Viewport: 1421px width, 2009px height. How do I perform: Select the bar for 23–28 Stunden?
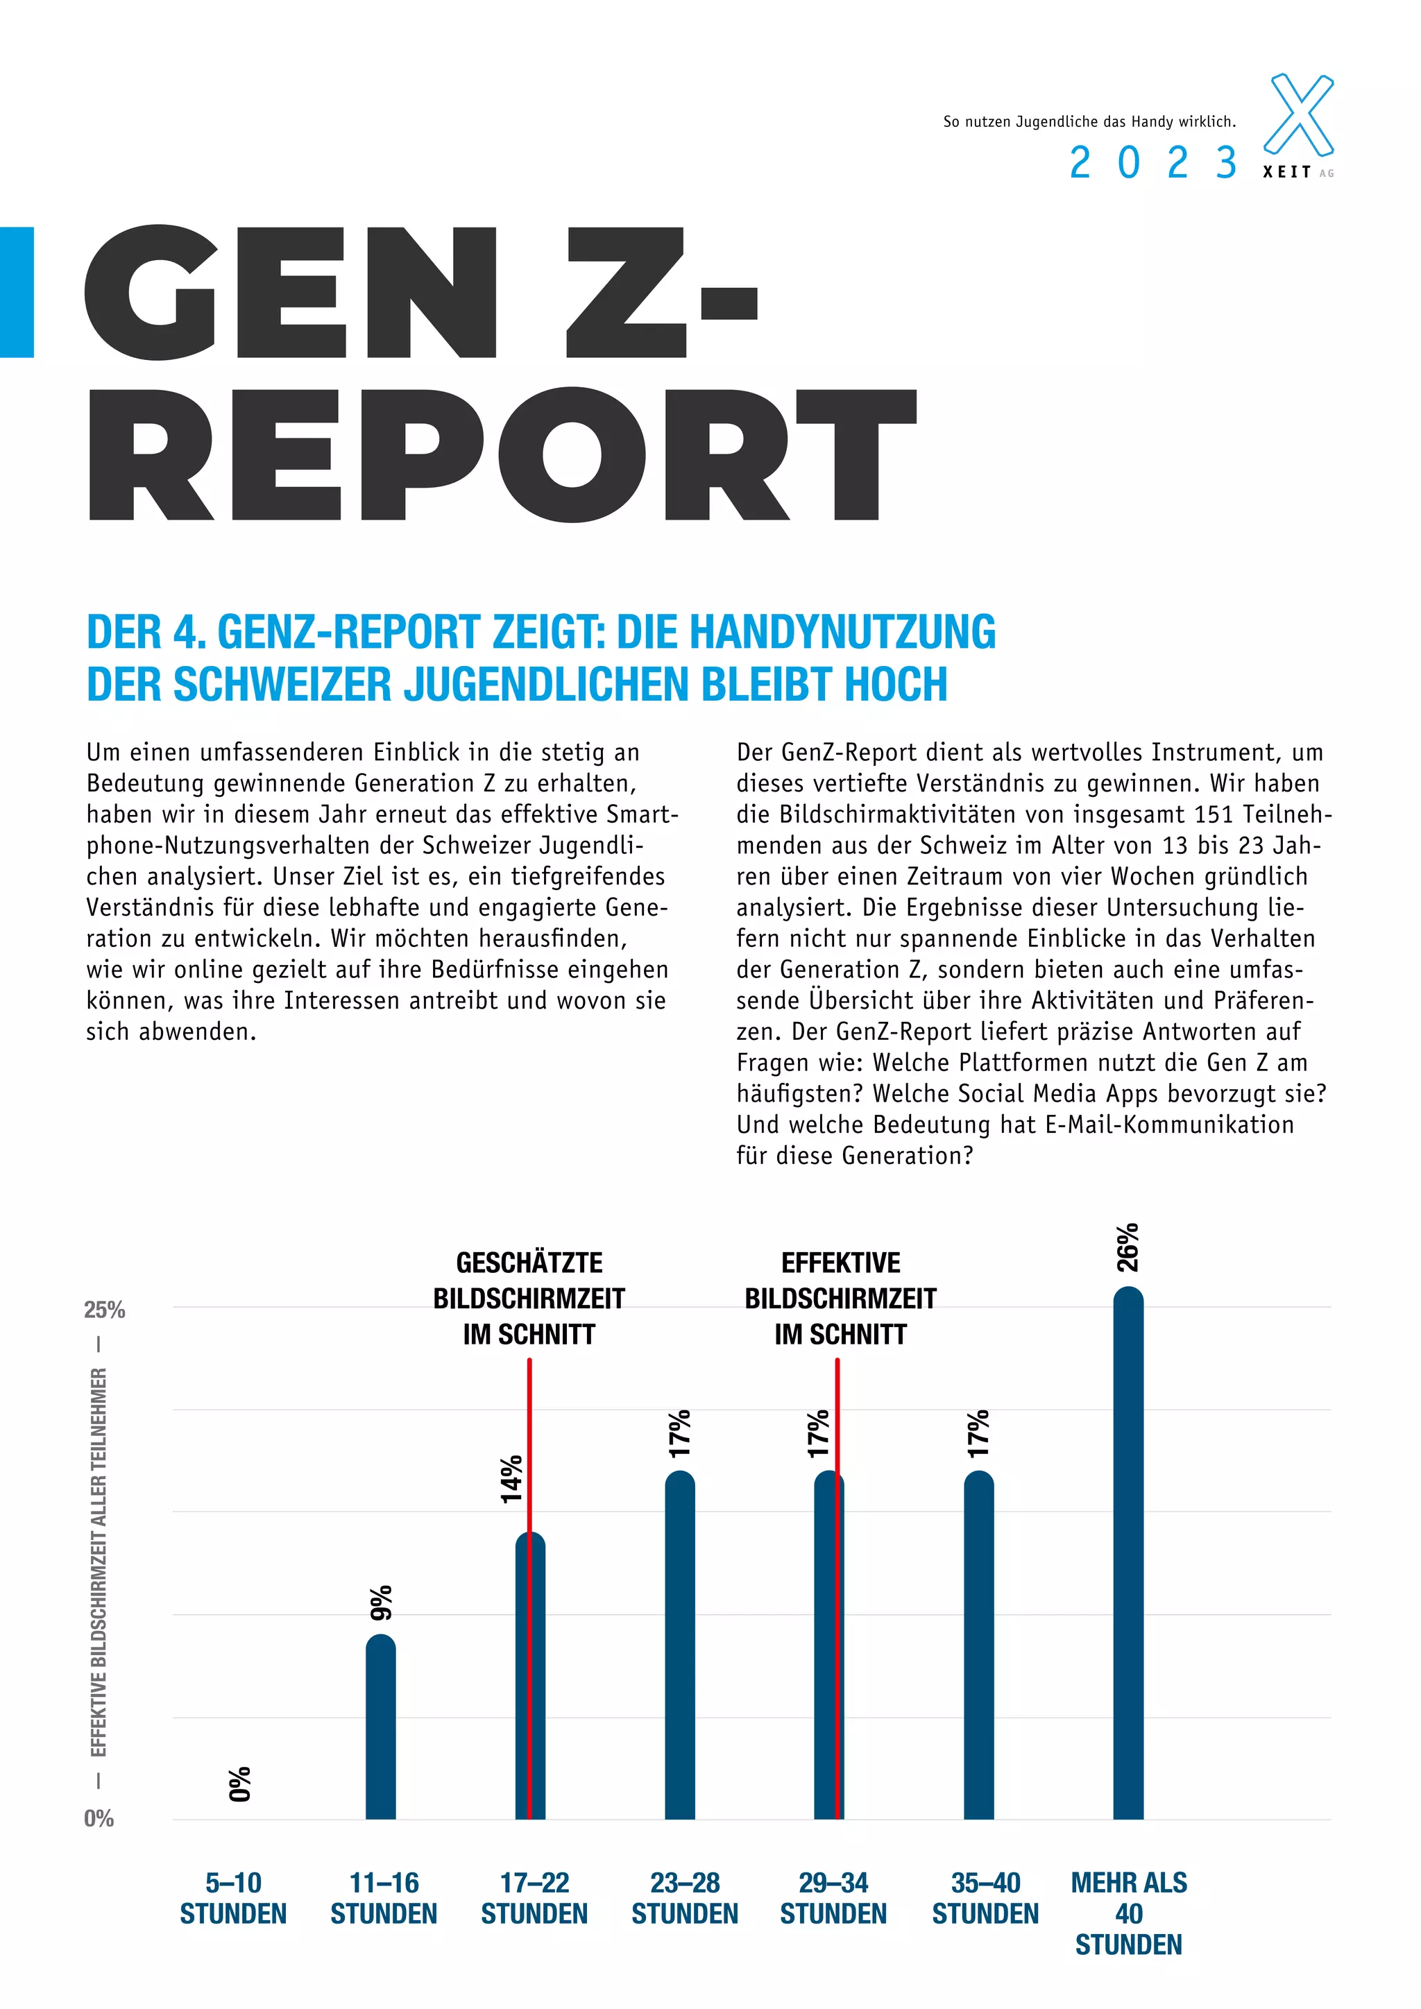point(680,1645)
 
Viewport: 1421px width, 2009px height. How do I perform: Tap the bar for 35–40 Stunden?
point(978,1645)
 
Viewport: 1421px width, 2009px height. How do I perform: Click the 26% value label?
point(1128,1247)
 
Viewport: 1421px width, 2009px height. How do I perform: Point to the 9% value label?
point(382,1602)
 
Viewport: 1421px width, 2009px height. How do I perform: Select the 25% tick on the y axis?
point(104,1310)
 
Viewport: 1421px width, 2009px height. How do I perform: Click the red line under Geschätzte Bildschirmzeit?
point(529,1444)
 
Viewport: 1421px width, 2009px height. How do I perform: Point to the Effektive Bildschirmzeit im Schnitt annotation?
point(840,1299)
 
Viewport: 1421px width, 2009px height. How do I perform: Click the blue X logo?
point(1300,114)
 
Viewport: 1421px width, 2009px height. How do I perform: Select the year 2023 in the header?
point(1152,164)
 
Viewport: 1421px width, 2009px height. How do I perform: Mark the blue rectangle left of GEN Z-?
point(17,292)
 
